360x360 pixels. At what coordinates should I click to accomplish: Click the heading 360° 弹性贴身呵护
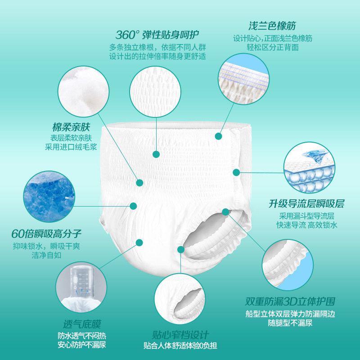click(x=157, y=35)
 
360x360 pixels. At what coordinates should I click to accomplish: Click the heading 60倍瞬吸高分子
click(x=47, y=234)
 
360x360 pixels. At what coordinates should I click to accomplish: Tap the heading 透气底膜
click(x=82, y=324)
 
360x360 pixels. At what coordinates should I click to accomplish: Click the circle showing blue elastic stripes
click(x=243, y=77)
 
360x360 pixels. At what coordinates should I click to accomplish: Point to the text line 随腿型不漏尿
click(x=290, y=323)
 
